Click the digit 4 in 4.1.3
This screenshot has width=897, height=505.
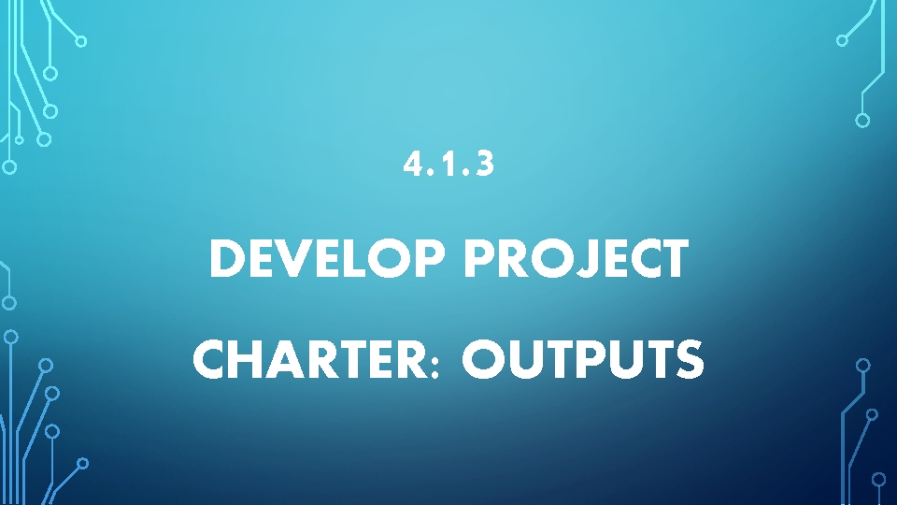pyautogui.click(x=412, y=166)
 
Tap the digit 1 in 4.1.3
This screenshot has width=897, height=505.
pyautogui.click(x=446, y=166)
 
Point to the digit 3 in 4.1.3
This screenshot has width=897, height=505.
pyautogui.click(x=483, y=166)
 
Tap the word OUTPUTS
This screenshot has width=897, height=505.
pyautogui.click(x=582, y=360)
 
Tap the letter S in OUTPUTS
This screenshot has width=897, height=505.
pyautogui.click(x=689, y=360)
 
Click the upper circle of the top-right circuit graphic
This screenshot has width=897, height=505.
pyautogui.click(x=842, y=40)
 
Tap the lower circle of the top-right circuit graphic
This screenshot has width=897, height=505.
pyautogui.click(x=862, y=120)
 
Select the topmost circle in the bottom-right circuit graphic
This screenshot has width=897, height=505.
pyautogui.click(x=863, y=365)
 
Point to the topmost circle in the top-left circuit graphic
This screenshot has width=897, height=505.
pyautogui.click(x=81, y=41)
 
